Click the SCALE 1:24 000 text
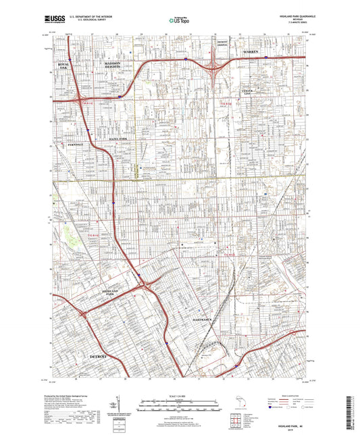(x=179, y=394)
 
